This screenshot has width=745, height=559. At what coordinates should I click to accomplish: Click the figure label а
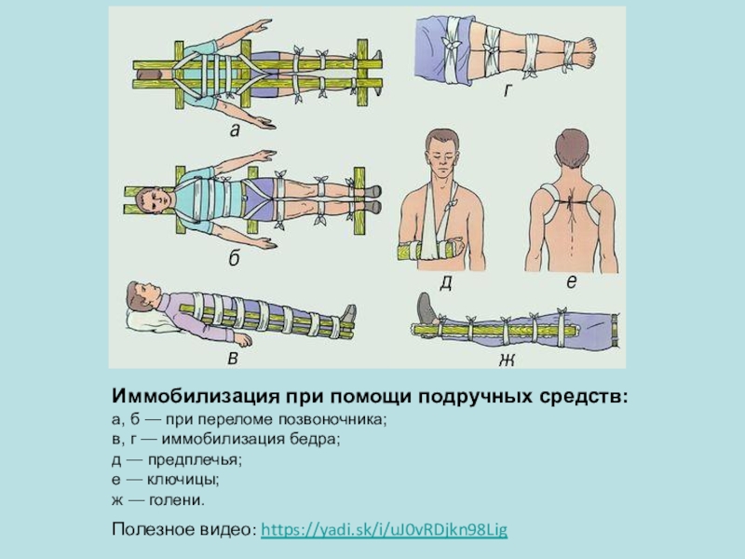click(x=235, y=131)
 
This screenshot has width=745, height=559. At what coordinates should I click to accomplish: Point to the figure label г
click(x=508, y=90)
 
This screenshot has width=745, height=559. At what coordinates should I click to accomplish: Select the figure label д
click(x=446, y=282)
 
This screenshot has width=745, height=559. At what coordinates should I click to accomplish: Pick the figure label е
click(x=569, y=280)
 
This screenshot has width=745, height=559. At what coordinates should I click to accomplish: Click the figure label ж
click(x=508, y=359)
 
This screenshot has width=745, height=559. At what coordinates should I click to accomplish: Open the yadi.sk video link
click(x=385, y=530)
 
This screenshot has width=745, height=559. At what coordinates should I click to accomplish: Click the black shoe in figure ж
click(x=427, y=307)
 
